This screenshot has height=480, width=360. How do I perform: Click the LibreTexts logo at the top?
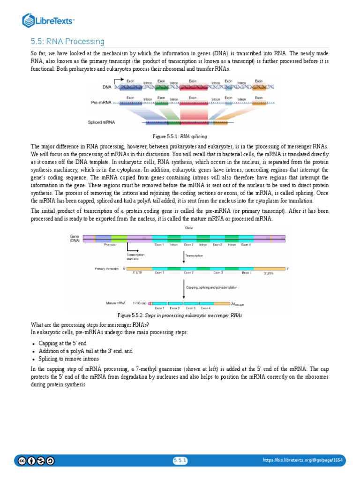click(x=49, y=21)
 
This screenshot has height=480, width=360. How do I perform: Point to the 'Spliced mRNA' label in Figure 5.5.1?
click(x=101, y=122)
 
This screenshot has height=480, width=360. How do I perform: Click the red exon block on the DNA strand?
click(x=193, y=87)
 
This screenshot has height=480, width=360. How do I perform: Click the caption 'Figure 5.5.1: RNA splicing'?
click(x=180, y=136)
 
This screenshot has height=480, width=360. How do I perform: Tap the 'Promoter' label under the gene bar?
click(x=110, y=245)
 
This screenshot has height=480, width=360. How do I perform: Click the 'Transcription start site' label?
click(x=135, y=256)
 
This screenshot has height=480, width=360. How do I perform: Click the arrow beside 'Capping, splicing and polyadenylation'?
click(x=183, y=289)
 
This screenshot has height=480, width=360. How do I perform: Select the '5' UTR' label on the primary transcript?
click(x=138, y=272)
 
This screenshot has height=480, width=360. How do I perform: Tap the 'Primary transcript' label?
click(x=107, y=269)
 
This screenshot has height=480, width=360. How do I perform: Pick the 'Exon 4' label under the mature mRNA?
click(x=205, y=308)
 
